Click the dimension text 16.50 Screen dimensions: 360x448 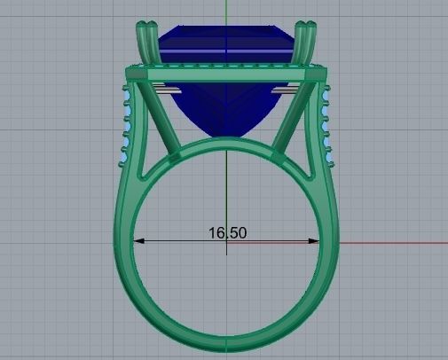[227, 233]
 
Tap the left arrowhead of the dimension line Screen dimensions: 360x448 [136, 240]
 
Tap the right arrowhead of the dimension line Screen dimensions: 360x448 [317, 240]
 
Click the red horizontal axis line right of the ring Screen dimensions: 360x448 [390, 241]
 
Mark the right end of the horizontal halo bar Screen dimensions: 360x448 [318, 74]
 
